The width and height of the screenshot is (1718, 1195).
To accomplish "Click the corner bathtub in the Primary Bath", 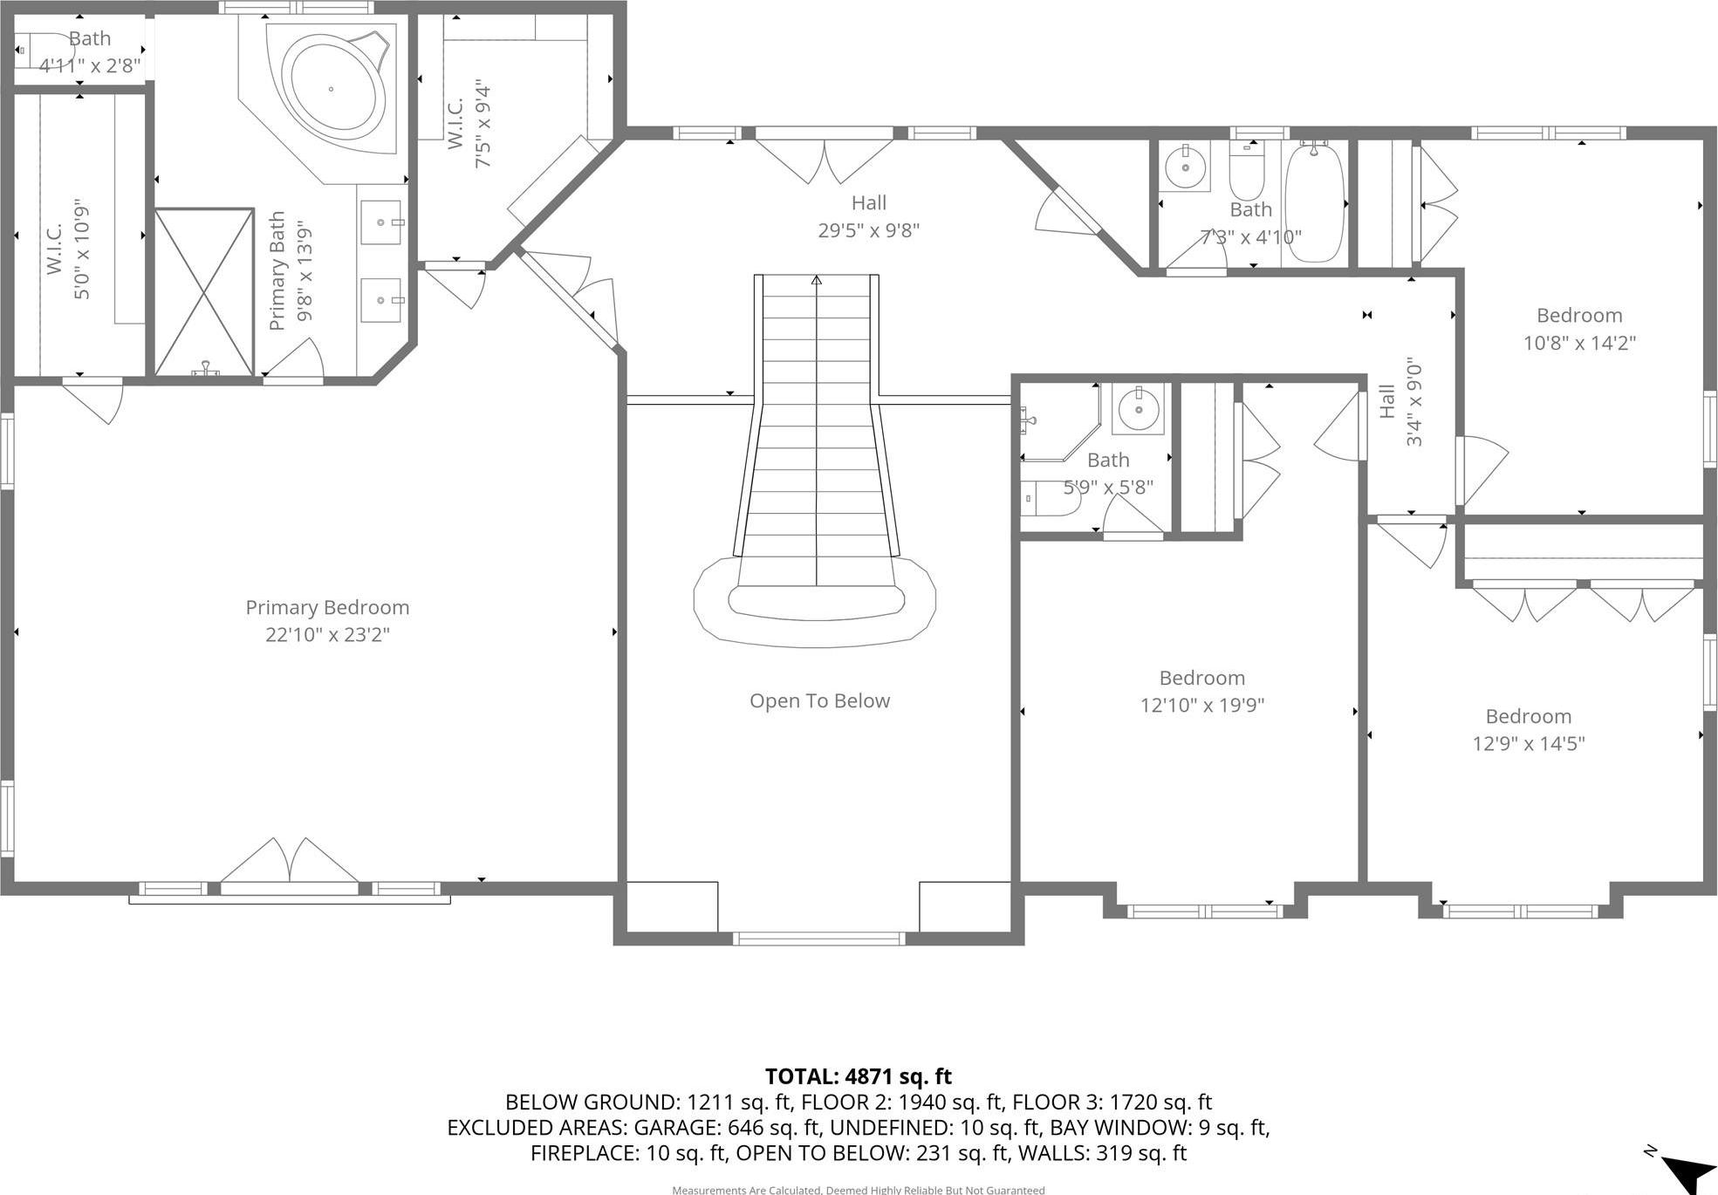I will [x=336, y=89].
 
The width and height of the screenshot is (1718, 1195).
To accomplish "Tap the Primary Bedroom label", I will [x=327, y=607].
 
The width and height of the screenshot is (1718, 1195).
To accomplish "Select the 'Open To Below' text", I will [x=819, y=700].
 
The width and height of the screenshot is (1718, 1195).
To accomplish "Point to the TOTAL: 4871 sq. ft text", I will [x=858, y=1075].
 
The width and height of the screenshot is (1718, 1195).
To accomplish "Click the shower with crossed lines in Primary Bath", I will [x=204, y=291].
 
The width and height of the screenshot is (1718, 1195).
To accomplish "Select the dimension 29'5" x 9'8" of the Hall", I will [x=868, y=230].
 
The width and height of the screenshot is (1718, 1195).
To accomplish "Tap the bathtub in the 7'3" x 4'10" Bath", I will [x=1314, y=202].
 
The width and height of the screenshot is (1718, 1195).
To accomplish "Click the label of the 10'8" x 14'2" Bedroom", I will [x=1578, y=315].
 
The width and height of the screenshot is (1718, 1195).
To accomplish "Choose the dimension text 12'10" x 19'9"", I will [x=1201, y=705].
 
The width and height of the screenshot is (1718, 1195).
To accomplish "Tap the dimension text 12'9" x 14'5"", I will [x=1528, y=743].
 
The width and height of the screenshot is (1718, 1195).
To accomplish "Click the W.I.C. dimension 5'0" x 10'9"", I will [x=81, y=249].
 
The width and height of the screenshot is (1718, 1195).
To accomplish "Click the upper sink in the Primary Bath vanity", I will [x=381, y=222].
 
